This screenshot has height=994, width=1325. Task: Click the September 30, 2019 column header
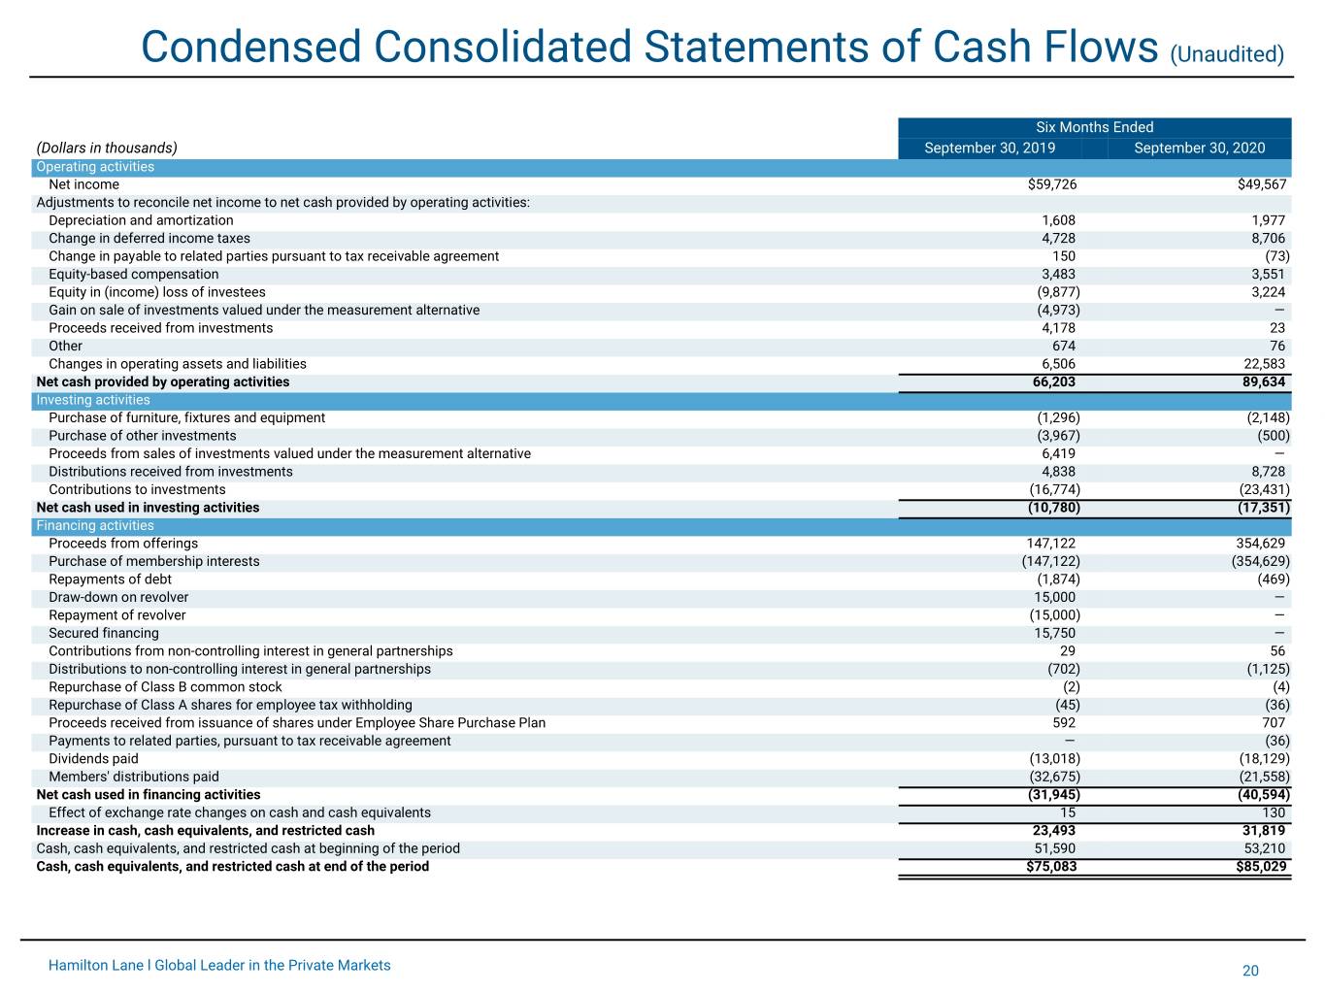click(989, 148)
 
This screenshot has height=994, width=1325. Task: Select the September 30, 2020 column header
click(1199, 148)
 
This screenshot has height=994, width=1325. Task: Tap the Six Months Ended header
click(1094, 127)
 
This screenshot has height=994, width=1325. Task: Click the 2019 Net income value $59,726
click(1051, 184)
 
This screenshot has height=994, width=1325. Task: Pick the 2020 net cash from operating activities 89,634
click(1264, 381)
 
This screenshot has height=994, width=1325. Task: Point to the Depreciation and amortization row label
click(141, 220)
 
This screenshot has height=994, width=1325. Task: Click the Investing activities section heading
click(93, 400)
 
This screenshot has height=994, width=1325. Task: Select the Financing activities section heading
click(95, 525)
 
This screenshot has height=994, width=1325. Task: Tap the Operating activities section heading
click(95, 167)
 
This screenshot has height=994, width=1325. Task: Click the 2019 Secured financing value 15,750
click(1054, 633)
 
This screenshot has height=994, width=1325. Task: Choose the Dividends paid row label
click(93, 759)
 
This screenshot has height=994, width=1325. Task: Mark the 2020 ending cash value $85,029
click(1261, 866)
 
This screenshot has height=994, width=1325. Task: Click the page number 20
click(1250, 971)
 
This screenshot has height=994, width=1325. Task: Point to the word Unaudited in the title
click(1227, 54)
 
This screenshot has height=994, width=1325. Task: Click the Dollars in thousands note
click(107, 148)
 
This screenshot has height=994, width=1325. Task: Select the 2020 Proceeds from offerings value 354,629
click(1260, 544)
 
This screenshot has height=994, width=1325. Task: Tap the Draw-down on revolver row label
click(118, 597)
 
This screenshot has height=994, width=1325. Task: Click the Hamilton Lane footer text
click(219, 965)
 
